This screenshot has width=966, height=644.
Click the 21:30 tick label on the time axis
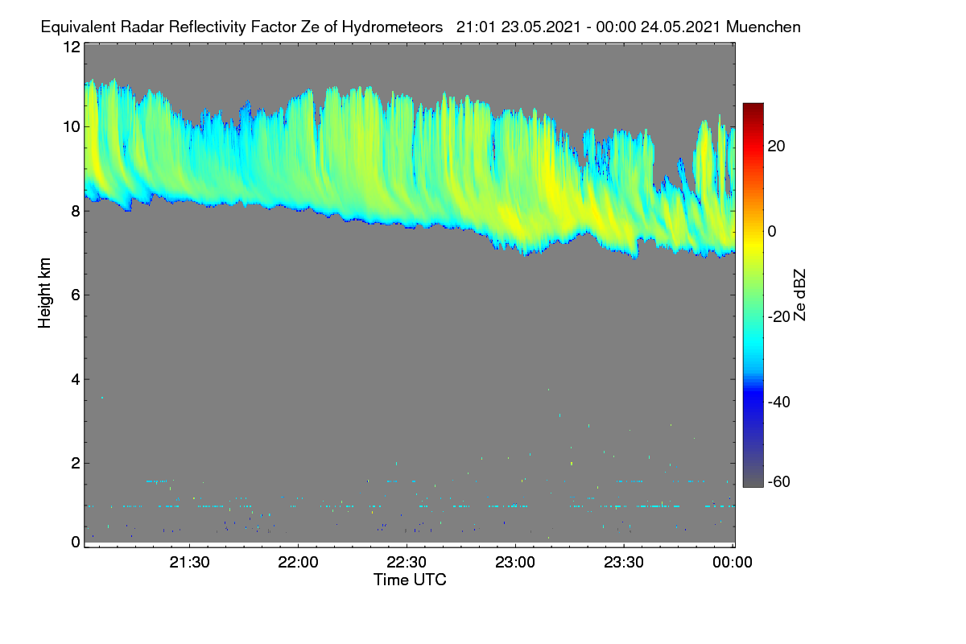189,563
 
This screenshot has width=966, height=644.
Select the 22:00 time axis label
298,563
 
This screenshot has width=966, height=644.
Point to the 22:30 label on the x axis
407,563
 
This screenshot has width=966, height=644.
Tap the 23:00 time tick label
515,563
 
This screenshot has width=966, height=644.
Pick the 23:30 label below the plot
624,563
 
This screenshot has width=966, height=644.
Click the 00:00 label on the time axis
733,563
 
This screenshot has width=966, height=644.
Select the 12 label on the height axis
72,47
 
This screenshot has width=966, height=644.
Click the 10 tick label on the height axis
72,127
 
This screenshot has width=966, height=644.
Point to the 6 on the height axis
76,295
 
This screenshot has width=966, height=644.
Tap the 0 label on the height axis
76,543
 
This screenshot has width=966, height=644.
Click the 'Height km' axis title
44,293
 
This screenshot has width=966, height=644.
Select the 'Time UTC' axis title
410,580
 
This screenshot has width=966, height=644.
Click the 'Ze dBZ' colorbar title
799,295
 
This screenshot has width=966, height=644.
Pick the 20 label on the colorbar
776,147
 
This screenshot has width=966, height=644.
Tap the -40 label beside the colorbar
779,402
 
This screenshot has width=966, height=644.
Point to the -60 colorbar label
779,482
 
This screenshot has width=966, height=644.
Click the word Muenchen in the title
763,27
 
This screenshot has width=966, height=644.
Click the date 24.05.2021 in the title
680,27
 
